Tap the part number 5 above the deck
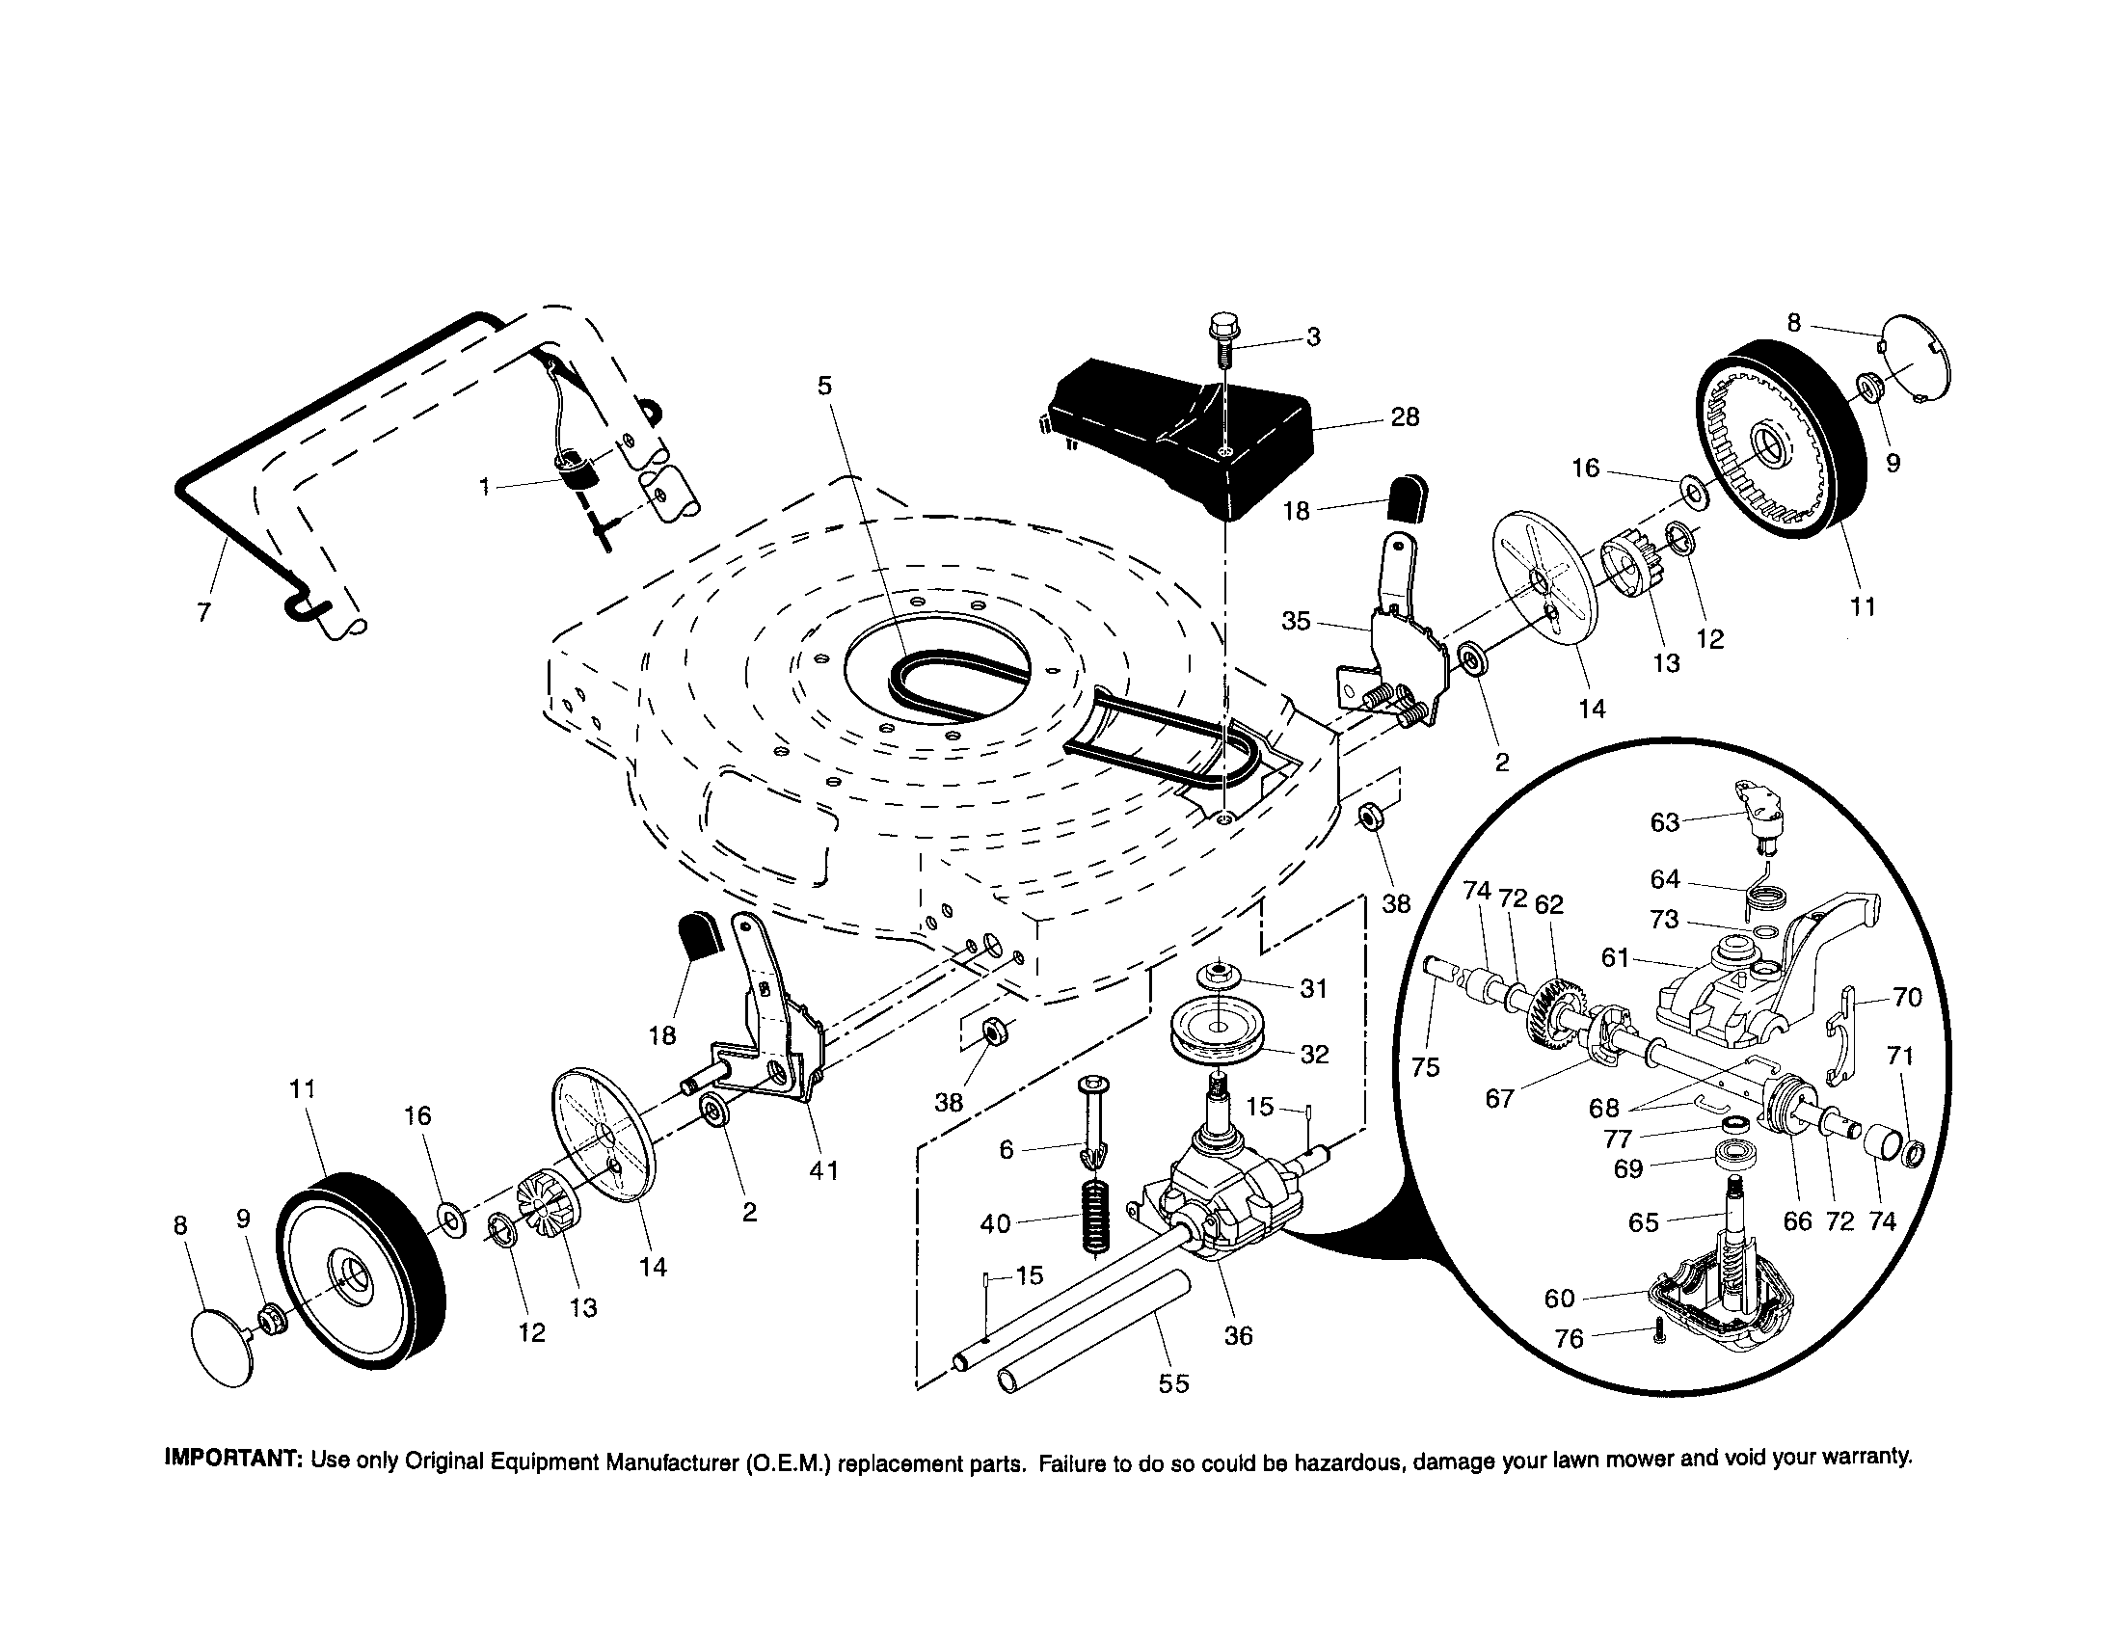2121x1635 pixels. tap(824, 387)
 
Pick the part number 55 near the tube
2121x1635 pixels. tap(1173, 1383)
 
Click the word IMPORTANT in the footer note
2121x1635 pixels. tap(235, 1460)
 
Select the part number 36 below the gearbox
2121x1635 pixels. tap(1238, 1336)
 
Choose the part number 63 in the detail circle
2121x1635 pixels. tap(1665, 822)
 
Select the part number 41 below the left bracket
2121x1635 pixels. tap(823, 1171)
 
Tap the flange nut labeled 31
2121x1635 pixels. tap(1222, 974)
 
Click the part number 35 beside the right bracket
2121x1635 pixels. tap(1296, 621)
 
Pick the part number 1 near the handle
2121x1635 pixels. tap(484, 487)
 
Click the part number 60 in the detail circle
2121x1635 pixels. tap(1559, 1299)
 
